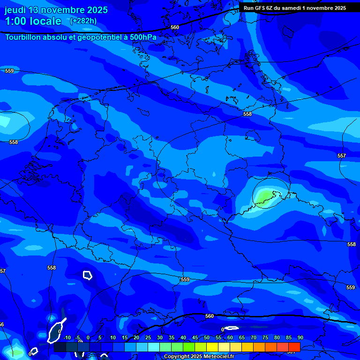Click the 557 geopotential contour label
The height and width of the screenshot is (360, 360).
(341, 156)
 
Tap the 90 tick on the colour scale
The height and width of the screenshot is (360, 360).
(300, 337)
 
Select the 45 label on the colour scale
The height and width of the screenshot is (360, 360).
(195, 337)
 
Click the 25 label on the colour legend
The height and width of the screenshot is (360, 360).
(148, 337)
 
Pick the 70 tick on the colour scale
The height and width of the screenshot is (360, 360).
(254, 337)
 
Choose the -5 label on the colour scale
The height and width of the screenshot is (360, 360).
(78, 337)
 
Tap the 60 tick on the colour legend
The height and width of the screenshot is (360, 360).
(230, 337)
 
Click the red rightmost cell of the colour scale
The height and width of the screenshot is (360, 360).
(294, 347)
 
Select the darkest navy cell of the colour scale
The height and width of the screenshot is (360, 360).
(60, 347)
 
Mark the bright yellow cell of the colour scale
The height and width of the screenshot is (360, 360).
(212, 347)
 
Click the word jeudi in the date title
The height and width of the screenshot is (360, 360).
(15, 10)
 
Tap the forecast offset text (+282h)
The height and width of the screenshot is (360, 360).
(83, 21)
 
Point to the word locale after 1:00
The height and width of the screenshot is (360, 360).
(45, 21)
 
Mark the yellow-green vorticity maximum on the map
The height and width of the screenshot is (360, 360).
(265, 195)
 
